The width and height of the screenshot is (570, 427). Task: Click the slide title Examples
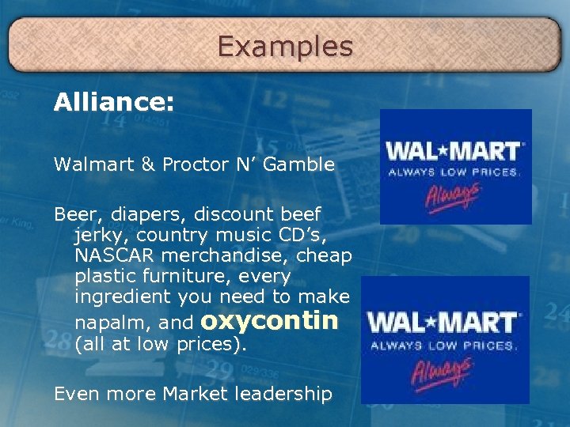point(285,47)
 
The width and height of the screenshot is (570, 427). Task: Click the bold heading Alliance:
point(114,103)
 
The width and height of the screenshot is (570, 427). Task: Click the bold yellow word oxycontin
point(270,320)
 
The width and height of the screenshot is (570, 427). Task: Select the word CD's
point(328,235)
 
